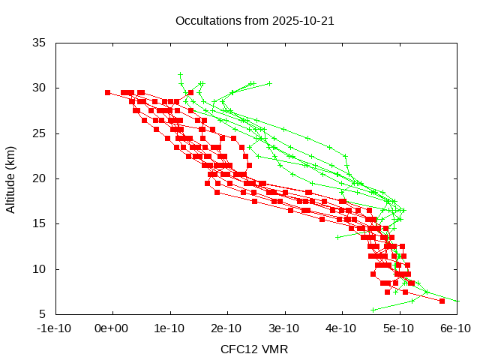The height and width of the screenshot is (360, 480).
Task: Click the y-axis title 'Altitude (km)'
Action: click(11, 178)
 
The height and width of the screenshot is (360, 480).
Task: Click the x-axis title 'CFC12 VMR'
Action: click(254, 349)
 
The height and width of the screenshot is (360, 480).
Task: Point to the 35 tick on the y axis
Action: click(40, 43)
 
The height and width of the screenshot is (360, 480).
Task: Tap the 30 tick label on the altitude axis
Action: click(40, 88)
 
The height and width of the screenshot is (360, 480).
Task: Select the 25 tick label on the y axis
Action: click(40, 133)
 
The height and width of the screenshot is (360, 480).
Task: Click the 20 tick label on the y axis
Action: click(40, 178)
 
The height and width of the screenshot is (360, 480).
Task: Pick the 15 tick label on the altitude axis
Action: click(40, 223)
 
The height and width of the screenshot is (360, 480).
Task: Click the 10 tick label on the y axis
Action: click(40, 268)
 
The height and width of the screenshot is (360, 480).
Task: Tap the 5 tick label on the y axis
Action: click(43, 313)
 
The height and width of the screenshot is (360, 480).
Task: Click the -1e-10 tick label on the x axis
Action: click(55, 328)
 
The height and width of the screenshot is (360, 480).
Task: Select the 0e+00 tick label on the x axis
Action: click(112, 328)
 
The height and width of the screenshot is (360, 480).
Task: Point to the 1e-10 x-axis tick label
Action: click(170, 328)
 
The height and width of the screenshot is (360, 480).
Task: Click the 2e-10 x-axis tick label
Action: click(227, 328)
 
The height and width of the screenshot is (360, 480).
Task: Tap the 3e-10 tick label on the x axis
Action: click(284, 328)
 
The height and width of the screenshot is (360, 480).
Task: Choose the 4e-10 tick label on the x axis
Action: click(341, 328)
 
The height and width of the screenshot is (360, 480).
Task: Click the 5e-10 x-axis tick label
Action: click(398, 328)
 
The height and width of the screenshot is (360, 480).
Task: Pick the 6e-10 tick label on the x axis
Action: click(455, 328)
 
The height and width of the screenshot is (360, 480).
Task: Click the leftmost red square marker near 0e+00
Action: click(107, 92)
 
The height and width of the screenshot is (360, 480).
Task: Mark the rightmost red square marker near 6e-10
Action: click(442, 301)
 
